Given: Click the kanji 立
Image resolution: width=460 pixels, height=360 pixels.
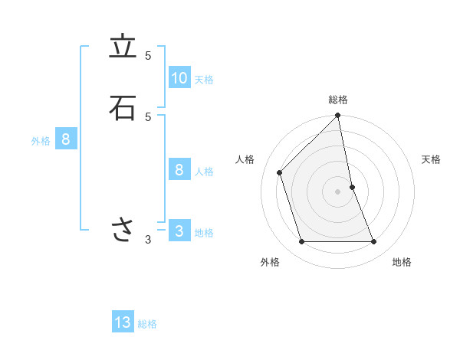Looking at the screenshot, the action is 123,48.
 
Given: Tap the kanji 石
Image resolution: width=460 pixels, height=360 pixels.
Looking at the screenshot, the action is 123,108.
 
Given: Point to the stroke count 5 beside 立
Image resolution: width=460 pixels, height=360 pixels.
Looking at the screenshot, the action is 148,55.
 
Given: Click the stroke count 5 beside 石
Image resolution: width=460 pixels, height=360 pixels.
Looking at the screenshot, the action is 148,116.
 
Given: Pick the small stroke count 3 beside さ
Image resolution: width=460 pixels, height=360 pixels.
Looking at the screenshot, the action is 148,240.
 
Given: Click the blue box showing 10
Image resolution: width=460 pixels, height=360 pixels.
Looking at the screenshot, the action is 179,78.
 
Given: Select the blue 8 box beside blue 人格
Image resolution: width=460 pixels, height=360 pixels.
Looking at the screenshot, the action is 179,170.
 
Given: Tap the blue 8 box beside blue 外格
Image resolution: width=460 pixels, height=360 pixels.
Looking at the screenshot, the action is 66,140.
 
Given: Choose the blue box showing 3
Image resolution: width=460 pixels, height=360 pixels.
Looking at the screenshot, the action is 179,231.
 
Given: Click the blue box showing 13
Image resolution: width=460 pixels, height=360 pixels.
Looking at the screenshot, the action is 123,322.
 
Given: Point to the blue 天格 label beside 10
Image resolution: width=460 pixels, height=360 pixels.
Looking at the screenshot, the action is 204,80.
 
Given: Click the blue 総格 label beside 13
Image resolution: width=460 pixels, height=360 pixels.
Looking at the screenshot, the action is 147,324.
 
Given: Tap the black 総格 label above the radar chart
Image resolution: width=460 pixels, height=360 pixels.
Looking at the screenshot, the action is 338,100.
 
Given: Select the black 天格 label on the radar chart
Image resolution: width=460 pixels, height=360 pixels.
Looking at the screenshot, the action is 431,159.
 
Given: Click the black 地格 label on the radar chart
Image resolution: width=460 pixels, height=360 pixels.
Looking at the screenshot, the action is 402,262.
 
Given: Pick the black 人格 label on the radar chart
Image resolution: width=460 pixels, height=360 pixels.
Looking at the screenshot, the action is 245,159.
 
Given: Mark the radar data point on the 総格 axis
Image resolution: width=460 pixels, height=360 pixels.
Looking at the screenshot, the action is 338,116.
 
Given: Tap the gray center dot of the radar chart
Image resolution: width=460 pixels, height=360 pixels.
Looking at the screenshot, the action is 338,191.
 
